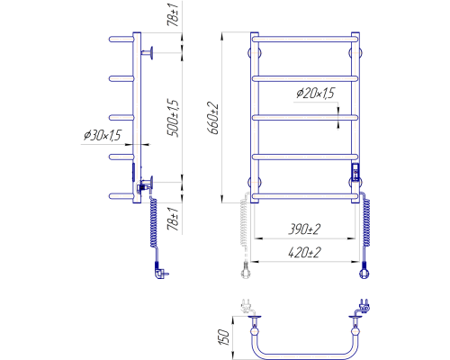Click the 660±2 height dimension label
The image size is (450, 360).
pyautogui.click(x=213, y=118)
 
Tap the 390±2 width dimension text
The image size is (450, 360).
pyautogui.click(x=304, y=229)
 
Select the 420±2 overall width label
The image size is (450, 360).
pyautogui.click(x=304, y=253)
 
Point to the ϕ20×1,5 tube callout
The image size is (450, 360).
pyautogui.click(x=315, y=94)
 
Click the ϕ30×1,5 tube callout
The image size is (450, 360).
pyautogui.click(x=103, y=135)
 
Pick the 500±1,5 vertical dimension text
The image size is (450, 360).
pyautogui.click(x=173, y=118)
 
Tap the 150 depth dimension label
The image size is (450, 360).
pyautogui.click(x=224, y=337)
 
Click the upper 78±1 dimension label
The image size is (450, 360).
pyautogui.click(x=174, y=13)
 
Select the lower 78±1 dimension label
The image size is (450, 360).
pyautogui.click(x=174, y=219)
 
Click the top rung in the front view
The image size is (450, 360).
pyautogui.click(x=305, y=40)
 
